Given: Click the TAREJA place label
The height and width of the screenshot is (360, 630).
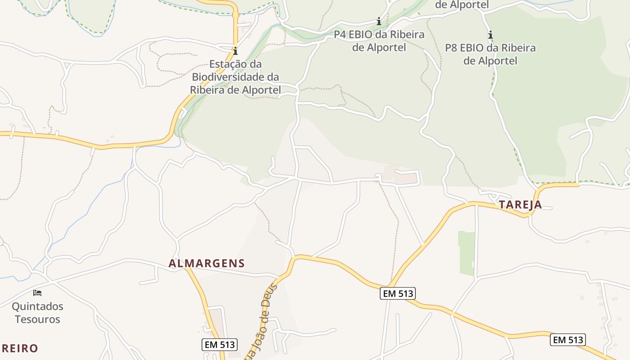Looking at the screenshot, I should tap(520, 205).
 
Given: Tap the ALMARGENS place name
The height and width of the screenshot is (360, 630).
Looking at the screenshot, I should tap(207, 264).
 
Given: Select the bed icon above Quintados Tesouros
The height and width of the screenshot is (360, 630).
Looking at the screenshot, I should tap(37, 293).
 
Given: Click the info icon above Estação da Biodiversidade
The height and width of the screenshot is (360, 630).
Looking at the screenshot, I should tap(235, 51).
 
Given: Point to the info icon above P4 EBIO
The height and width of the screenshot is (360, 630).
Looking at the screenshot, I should tap(379, 21).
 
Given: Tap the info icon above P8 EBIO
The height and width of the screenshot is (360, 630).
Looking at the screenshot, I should tap(490, 35).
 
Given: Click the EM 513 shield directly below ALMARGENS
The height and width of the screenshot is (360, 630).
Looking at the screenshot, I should tap(219, 345).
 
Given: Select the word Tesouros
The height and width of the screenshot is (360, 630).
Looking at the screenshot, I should tap(37, 319).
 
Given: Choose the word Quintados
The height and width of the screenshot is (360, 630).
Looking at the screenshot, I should tap(37, 307).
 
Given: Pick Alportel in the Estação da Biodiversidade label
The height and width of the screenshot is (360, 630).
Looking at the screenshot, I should tap(261, 90).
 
